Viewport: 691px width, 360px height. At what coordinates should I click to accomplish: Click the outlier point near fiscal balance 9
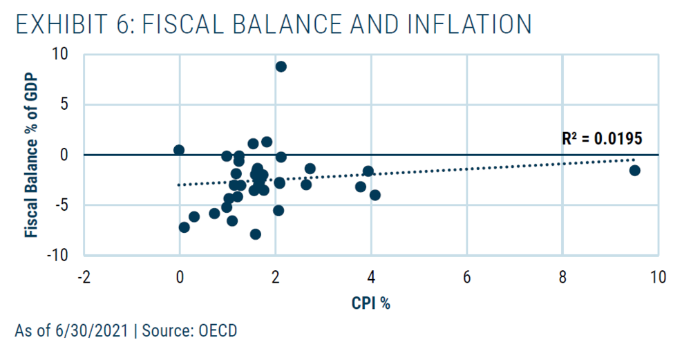click(281, 66)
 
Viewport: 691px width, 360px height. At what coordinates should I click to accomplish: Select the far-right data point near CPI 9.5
click(634, 170)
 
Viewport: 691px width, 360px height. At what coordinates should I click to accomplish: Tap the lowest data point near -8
click(255, 234)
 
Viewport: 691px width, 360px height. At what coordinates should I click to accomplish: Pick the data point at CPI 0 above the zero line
click(179, 150)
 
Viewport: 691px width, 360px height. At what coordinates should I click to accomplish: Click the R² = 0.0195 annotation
click(602, 138)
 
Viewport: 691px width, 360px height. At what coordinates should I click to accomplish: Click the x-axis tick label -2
click(83, 278)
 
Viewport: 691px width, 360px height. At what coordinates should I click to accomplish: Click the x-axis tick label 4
click(371, 278)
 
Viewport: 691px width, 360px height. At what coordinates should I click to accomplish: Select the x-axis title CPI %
click(370, 303)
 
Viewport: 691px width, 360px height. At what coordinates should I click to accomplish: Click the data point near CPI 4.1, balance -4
click(375, 195)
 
